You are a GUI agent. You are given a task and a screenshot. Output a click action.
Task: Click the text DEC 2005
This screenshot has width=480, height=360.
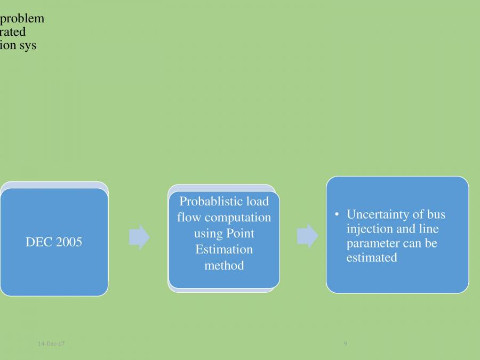click(x=54, y=242)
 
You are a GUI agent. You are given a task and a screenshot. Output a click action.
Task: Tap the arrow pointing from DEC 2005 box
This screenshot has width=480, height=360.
click(x=139, y=237)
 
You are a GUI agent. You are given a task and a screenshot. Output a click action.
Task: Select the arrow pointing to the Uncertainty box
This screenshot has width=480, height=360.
click(x=307, y=236)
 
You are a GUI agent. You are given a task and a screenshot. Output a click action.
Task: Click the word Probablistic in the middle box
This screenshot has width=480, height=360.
click(x=203, y=202)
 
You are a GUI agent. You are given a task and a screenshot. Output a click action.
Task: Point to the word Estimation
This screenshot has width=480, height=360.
click(x=224, y=250)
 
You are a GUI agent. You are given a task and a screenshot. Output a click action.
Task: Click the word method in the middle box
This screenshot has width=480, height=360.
click(x=224, y=265)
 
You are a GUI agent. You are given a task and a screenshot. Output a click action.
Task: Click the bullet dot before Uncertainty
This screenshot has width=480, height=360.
click(x=337, y=214)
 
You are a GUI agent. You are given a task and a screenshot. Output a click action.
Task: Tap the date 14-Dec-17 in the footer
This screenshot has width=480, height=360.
click(x=51, y=344)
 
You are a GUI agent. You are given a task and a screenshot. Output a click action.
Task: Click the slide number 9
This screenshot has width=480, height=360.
click(x=345, y=344)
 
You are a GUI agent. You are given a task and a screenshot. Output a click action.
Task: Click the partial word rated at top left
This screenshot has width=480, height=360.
click(x=13, y=32)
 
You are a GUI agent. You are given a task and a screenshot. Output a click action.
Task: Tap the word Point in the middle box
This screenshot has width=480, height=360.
click(x=241, y=234)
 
